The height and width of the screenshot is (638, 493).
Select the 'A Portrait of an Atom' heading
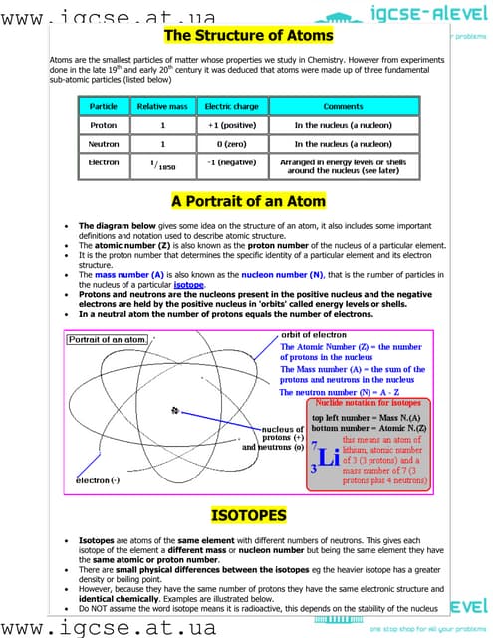point(249,201)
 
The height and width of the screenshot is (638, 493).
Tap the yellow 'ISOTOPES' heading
point(249,515)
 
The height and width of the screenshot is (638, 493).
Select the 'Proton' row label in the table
point(104,125)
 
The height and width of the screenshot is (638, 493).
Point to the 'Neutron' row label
point(104,144)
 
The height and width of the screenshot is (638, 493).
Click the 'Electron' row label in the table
point(104,162)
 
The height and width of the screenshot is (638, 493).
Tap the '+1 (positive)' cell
point(231,125)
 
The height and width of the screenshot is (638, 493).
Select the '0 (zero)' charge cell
point(231,144)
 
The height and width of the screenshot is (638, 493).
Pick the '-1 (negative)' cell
point(231,162)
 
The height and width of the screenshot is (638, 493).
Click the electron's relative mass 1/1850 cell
point(162,165)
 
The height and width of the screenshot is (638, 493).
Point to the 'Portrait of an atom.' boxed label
point(108,340)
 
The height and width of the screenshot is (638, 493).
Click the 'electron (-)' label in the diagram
point(99,480)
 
